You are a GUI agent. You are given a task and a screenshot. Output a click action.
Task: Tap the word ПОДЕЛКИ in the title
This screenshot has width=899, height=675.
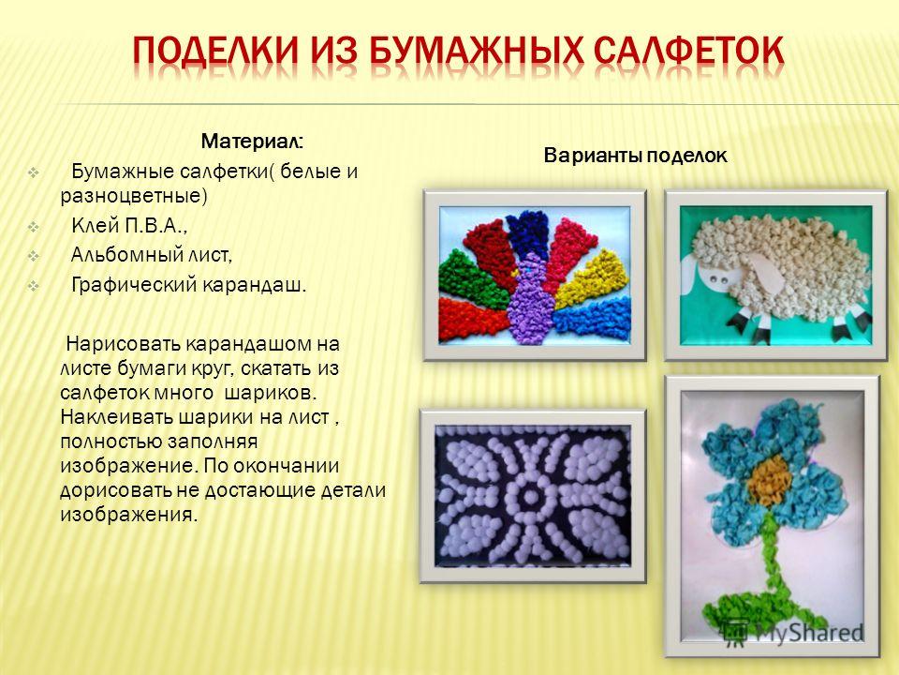pos(216,52)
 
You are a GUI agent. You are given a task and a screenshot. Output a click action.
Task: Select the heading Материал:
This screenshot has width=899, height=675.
pos(252,142)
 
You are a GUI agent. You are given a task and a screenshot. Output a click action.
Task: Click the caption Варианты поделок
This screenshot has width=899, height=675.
pos(635,156)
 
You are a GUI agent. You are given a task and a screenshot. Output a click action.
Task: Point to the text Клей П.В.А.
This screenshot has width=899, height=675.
pos(129,226)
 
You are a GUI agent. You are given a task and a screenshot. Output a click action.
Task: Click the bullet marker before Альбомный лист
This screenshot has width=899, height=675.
pos(34,256)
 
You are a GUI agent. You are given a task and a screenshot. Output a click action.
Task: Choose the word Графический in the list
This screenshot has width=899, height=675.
pos(132,285)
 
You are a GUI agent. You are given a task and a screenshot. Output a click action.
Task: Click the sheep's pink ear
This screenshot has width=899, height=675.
pos(758,270)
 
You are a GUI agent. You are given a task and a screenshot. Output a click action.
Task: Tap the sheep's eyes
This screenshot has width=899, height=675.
pos(718,280)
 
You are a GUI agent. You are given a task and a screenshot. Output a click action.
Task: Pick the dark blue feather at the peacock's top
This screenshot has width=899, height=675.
pos(528,233)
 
